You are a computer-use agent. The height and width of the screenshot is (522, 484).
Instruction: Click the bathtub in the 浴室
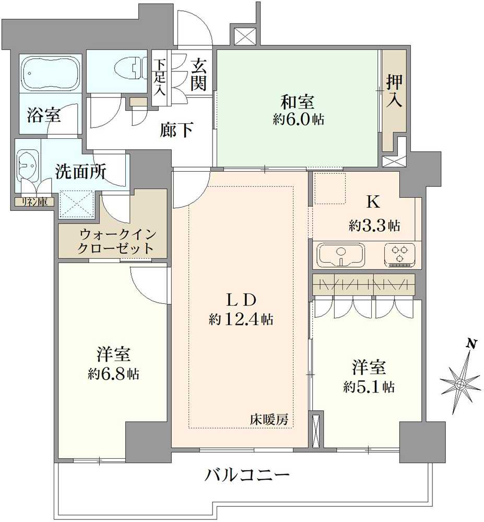click(x=51, y=73)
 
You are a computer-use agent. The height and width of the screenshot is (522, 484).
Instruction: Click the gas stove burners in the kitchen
click(x=400, y=254)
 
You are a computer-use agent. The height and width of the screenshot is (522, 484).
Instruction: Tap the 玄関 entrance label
click(x=198, y=75)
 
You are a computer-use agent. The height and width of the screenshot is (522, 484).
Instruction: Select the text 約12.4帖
click(x=242, y=319)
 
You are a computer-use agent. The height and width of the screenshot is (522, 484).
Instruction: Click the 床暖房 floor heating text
click(x=269, y=419)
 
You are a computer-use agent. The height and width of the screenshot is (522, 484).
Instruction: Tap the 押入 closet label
click(x=394, y=91)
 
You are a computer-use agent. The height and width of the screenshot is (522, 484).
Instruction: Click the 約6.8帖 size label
click(x=113, y=374)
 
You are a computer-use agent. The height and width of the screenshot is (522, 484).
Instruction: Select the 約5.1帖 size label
click(x=369, y=387)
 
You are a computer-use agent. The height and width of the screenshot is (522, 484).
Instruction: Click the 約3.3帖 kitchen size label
click(x=374, y=226)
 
